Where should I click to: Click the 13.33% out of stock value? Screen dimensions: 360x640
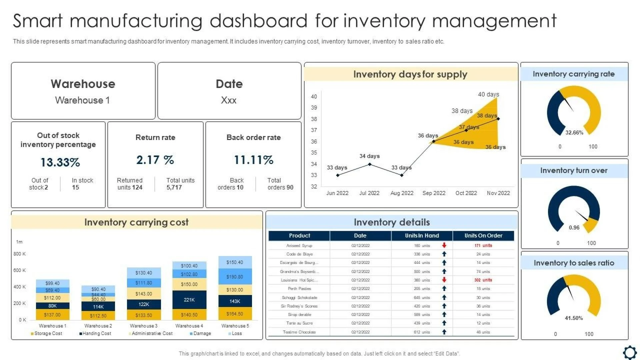click(x=60, y=162)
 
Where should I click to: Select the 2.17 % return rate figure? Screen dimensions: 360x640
click(x=155, y=160)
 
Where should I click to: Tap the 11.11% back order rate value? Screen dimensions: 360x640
click(x=253, y=160)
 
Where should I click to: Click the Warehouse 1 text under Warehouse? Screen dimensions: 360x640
click(x=82, y=100)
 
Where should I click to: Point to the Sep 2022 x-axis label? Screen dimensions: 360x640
click(x=434, y=193)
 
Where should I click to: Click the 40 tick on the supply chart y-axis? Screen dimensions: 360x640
click(x=314, y=97)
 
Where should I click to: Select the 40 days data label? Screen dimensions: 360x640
click(x=488, y=94)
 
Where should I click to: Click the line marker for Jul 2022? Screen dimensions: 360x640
click(x=369, y=164)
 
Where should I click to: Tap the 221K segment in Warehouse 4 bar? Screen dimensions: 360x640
click(x=189, y=300)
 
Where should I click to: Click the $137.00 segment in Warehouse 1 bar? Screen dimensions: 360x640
click(x=52, y=315)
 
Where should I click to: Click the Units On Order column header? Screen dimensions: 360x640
click(x=483, y=236)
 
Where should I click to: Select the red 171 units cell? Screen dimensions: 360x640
click(x=483, y=246)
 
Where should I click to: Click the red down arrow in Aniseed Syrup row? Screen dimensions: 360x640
click(x=444, y=245)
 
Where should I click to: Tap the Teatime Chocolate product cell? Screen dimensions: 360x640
click(x=299, y=332)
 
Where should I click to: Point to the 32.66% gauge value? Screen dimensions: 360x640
click(x=574, y=133)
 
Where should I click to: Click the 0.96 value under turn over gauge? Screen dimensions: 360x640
click(x=574, y=228)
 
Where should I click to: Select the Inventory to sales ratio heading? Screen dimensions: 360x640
click(x=574, y=263)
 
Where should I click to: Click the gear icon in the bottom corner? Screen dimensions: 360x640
click(x=630, y=352)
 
